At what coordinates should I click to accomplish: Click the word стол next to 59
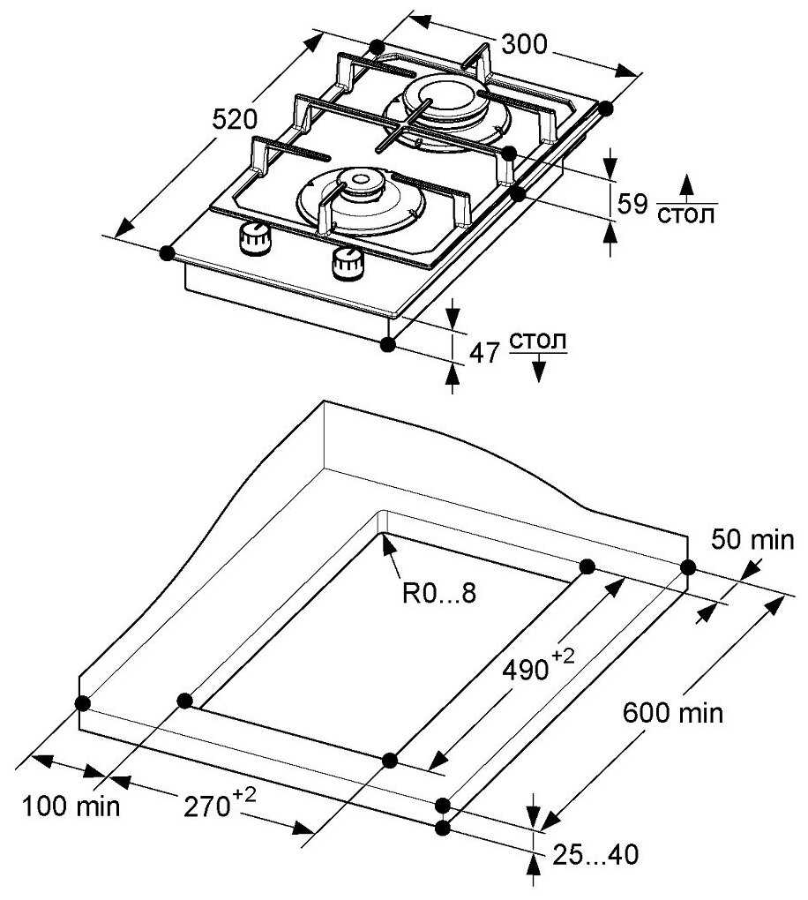point(687,215)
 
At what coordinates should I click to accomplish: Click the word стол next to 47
point(538,341)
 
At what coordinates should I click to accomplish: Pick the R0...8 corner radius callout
point(439,593)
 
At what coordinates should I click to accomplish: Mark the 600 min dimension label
point(673,711)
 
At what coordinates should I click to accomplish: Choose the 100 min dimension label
point(71,805)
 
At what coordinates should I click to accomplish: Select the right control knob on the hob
point(347,262)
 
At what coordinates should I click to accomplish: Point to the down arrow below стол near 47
point(538,369)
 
